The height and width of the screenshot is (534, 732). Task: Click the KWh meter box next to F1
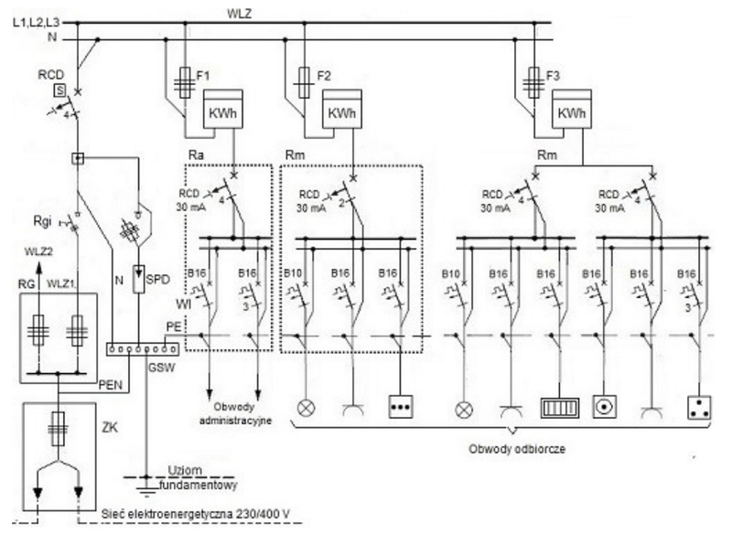[x=222, y=109]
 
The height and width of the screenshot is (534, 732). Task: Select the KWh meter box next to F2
[x=342, y=109]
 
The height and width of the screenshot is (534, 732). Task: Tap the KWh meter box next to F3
[x=571, y=109]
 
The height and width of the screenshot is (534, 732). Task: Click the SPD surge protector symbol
[x=139, y=279]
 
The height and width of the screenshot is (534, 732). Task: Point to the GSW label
[x=162, y=368]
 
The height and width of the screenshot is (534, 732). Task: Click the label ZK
[x=110, y=427]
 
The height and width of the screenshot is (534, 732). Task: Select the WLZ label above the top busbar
[x=239, y=14]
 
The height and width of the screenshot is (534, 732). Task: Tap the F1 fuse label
[x=203, y=76]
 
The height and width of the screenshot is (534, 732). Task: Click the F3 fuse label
[x=553, y=76]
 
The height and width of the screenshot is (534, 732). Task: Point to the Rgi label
[x=42, y=221]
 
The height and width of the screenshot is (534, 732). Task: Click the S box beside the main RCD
[x=59, y=90]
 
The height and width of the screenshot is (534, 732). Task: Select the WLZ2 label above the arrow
[x=38, y=251]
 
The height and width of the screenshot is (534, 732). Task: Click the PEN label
[x=110, y=385]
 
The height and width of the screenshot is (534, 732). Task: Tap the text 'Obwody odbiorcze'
[x=517, y=449]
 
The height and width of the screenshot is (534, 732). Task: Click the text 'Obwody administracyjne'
[x=236, y=413]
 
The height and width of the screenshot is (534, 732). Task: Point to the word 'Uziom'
[x=185, y=470]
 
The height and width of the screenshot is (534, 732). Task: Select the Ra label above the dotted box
[x=196, y=155]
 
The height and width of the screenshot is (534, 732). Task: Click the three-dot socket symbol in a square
[x=401, y=407]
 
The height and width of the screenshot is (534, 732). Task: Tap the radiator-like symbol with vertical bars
[x=560, y=408]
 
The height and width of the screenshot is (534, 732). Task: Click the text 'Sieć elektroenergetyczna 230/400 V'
[x=195, y=514]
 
